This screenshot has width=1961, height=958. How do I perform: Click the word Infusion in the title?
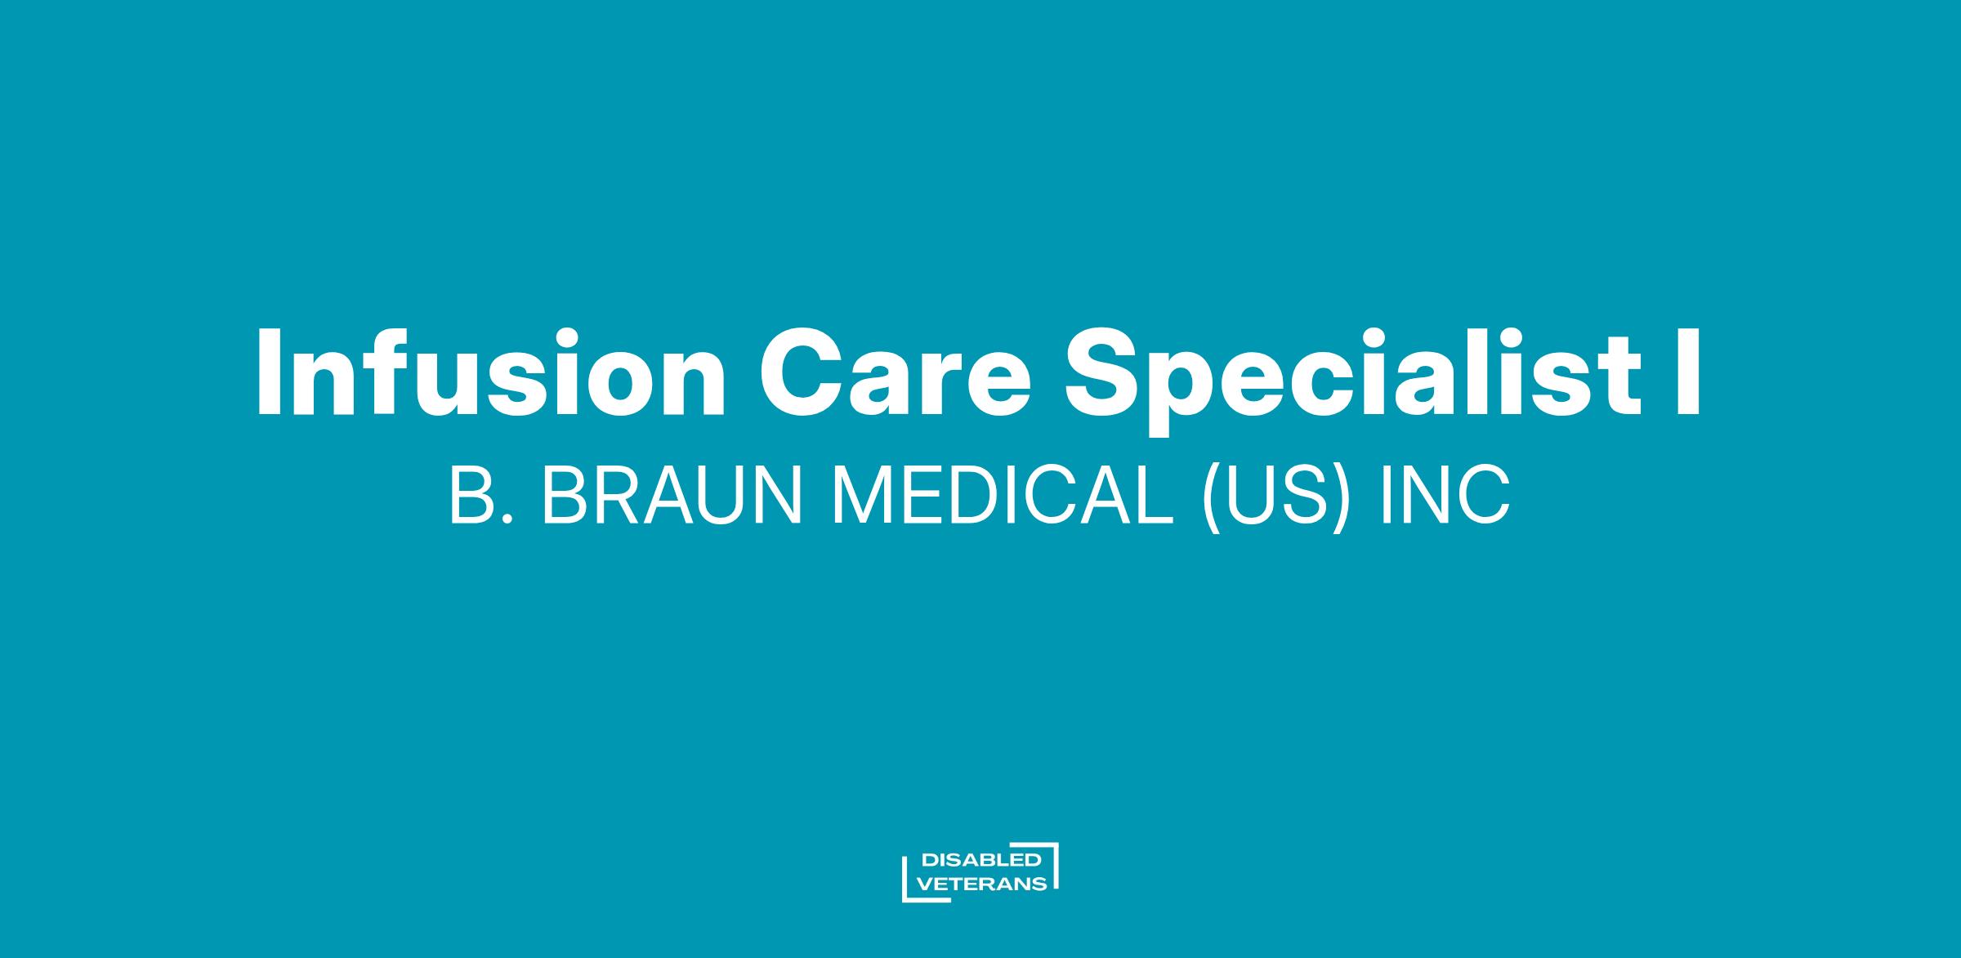[491, 372]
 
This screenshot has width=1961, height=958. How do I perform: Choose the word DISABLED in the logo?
[981, 860]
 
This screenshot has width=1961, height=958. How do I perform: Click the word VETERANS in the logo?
[983, 884]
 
